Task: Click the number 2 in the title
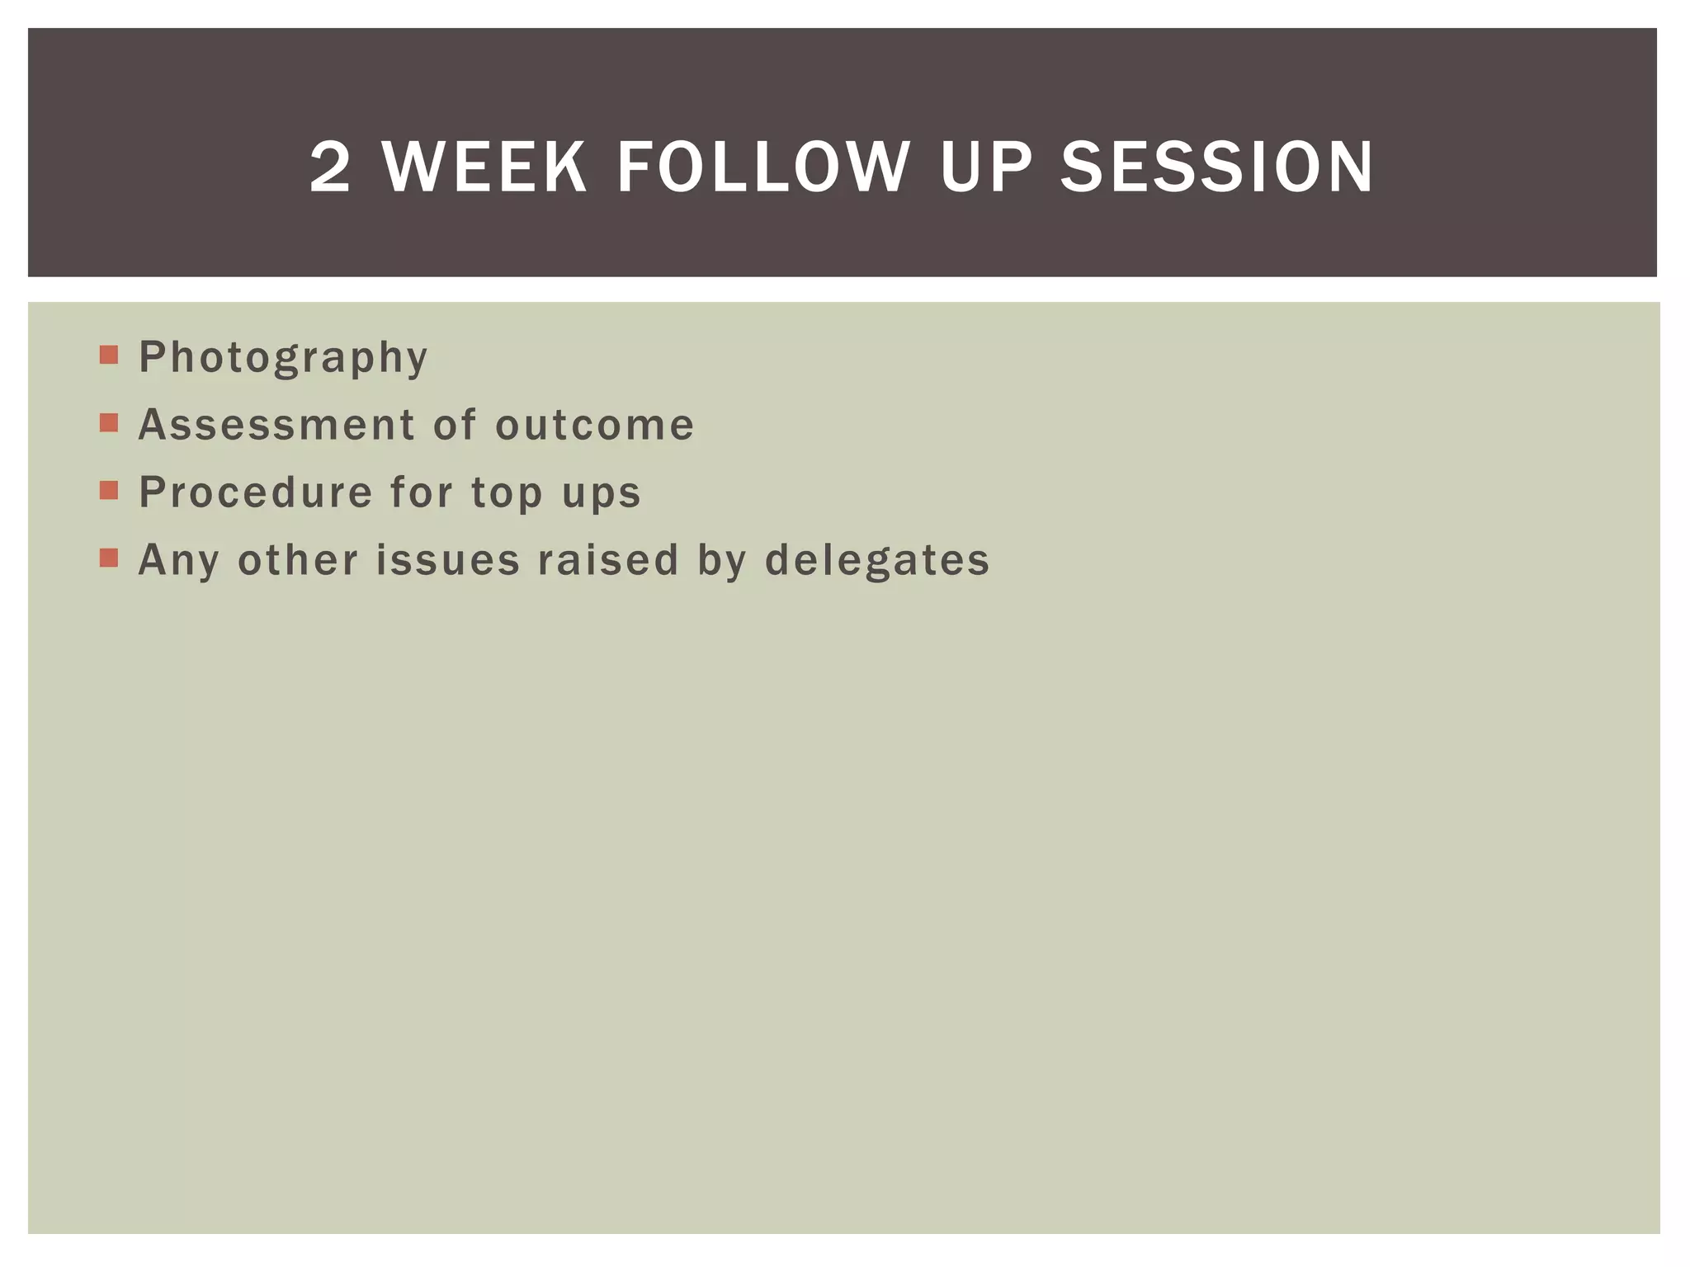[x=330, y=167]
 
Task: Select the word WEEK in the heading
[x=485, y=167]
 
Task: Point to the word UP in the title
[x=985, y=167]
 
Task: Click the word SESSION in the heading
[x=1216, y=167]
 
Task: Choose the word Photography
[x=283, y=358]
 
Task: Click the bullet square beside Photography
[x=109, y=356]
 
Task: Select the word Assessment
[x=276, y=425]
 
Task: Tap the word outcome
[x=594, y=425]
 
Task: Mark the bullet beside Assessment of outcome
[x=109, y=423]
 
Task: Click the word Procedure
[x=256, y=492]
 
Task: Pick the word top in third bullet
[x=507, y=494]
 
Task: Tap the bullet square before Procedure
[x=109, y=491]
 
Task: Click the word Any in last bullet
[x=179, y=561]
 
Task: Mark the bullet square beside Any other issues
[x=109, y=558]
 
